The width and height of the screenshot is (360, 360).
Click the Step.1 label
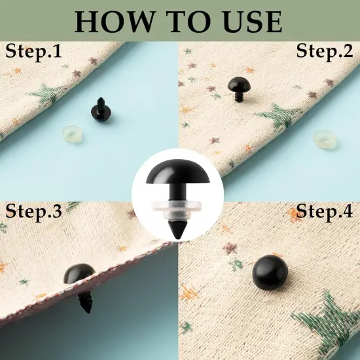coord(33,52)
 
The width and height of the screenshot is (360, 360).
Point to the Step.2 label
coord(325,52)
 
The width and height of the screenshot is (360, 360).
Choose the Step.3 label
coord(33,211)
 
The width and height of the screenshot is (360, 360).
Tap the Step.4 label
coord(325,211)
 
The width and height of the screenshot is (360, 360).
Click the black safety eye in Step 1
coord(101,110)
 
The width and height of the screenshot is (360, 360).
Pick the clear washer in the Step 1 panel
coord(72,134)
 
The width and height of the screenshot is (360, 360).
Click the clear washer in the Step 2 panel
coord(325,139)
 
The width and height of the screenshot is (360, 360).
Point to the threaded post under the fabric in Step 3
coord(86,302)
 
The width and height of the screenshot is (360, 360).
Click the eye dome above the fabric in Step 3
coord(79,274)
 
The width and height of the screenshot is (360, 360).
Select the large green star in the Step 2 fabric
coord(279,116)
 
